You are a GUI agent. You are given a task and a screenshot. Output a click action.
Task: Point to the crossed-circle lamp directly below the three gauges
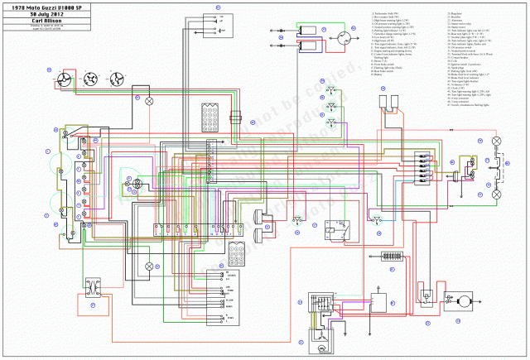pos(149,100)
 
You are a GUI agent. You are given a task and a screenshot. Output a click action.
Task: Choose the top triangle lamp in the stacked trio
pos(332,88)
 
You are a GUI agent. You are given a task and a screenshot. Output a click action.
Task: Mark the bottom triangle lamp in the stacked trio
pos(332,122)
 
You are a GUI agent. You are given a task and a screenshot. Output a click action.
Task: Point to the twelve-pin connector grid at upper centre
pos(209,115)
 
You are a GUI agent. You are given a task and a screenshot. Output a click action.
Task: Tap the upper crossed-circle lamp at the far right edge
pos(497,142)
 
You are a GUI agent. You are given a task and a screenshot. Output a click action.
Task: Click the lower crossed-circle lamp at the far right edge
pos(497,193)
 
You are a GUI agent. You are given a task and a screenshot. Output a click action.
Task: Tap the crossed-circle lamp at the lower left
pos(149,266)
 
